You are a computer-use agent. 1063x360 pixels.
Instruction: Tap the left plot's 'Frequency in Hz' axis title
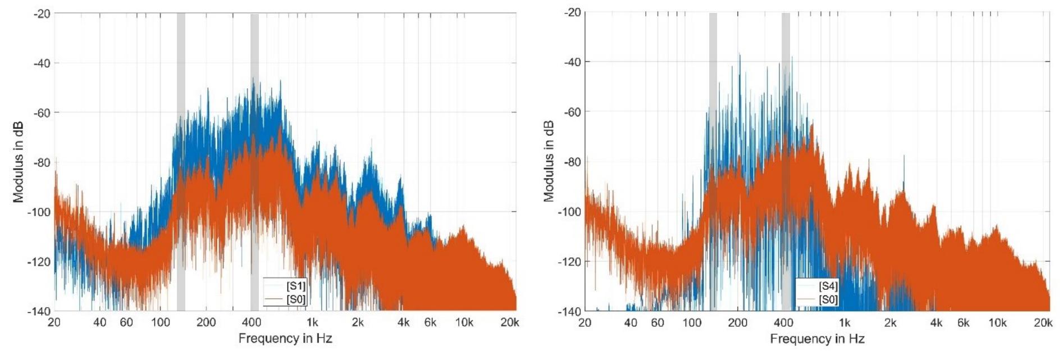[x=285, y=338]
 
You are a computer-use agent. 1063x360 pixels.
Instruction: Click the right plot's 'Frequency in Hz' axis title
[x=817, y=339]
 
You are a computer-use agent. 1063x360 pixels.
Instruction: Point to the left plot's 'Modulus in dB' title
[x=19, y=162]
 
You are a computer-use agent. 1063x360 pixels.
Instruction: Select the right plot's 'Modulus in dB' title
[x=549, y=161]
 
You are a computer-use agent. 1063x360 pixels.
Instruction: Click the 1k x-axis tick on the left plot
[x=312, y=322]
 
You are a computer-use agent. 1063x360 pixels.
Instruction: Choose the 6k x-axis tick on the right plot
[x=963, y=323]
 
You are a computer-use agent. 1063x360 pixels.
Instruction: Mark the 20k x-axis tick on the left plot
[x=509, y=322]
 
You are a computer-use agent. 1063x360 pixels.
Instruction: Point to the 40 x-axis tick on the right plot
[x=631, y=323]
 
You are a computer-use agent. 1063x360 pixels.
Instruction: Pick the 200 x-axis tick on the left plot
[x=206, y=322]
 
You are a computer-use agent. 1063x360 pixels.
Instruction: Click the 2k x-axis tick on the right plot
[x=890, y=323]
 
